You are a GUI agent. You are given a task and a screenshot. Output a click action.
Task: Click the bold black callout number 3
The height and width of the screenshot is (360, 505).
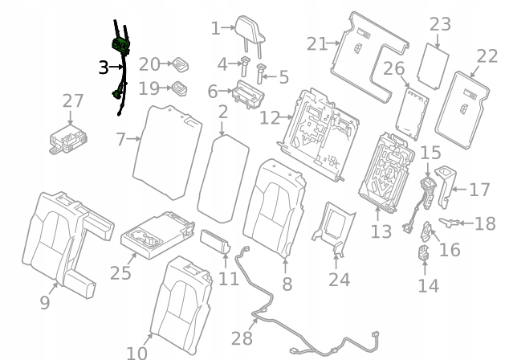104,67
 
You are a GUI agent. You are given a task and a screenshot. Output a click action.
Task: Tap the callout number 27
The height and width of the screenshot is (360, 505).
73,101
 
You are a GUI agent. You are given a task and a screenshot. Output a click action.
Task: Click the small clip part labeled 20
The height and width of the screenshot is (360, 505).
180,65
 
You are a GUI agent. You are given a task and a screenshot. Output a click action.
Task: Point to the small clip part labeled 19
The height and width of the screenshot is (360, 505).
180,88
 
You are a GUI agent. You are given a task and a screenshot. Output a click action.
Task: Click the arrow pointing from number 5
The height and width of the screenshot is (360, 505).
270,76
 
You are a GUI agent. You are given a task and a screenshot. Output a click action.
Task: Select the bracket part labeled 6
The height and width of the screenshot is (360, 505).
248,94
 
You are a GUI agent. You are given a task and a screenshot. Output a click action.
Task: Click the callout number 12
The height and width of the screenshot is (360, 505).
269,118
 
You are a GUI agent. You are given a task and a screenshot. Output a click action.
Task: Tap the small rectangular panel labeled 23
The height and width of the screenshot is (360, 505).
433,66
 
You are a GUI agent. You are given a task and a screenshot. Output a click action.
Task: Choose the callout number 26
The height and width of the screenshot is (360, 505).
393,68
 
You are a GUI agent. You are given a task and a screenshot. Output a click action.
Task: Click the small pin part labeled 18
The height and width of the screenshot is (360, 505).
449,222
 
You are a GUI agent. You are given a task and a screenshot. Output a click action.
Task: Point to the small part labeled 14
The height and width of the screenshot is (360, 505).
424,252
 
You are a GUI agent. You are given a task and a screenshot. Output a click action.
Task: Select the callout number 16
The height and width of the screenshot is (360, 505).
450,250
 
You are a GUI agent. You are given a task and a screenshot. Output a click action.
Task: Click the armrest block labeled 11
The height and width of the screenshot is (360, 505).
215,242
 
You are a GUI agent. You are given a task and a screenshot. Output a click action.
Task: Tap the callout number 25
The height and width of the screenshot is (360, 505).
120,273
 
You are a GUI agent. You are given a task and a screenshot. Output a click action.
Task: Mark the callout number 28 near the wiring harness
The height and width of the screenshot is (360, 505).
242,338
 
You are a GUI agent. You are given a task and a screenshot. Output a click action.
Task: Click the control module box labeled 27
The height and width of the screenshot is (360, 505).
68,139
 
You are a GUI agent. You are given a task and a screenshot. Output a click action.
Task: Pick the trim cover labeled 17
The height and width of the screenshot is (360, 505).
446,186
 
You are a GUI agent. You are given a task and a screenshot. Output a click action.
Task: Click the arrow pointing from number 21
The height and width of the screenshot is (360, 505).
333,43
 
